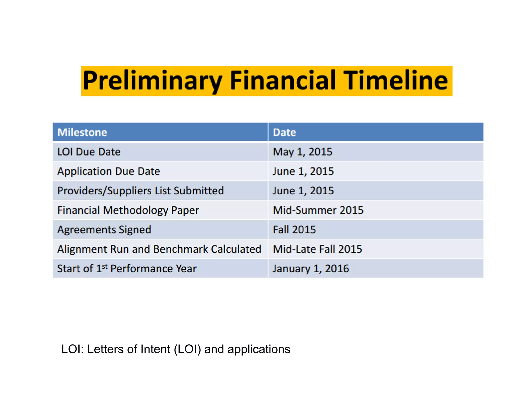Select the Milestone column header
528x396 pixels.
click(x=82, y=132)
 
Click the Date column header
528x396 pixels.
click(x=284, y=132)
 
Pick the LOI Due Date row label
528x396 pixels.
click(x=89, y=152)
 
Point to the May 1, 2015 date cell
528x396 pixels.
click(x=302, y=152)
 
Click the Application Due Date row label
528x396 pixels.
click(x=109, y=171)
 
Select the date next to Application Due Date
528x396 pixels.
click(x=303, y=171)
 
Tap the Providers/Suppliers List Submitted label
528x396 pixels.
click(x=141, y=191)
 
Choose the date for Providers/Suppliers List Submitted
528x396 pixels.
click(x=303, y=191)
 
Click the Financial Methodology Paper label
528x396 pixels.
click(x=128, y=210)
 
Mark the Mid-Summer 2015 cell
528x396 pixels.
click(x=318, y=210)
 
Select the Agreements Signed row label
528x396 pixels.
click(x=104, y=230)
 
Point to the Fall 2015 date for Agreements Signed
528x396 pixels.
click(x=294, y=230)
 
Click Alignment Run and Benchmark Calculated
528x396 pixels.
click(x=159, y=249)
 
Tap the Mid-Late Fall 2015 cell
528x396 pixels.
click(x=317, y=249)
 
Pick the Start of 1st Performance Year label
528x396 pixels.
click(x=127, y=269)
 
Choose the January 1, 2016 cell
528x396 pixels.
click(x=311, y=269)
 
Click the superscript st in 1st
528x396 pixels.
click(x=105, y=266)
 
